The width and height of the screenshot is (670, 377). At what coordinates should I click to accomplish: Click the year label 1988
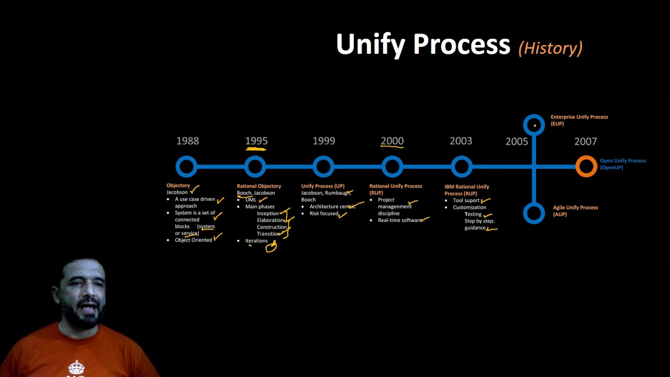[187, 141]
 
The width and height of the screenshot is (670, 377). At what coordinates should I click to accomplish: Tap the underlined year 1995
[256, 141]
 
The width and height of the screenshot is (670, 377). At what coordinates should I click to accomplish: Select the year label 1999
[323, 141]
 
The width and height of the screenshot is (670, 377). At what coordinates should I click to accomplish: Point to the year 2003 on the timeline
[461, 141]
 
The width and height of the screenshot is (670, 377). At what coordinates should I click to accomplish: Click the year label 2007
[585, 141]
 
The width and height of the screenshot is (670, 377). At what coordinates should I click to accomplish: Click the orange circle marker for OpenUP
[586, 167]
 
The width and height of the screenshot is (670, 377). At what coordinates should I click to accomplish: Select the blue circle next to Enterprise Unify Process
[534, 125]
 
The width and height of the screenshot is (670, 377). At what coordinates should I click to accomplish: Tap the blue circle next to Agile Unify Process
[534, 213]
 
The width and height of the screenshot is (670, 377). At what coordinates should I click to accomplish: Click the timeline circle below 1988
[187, 167]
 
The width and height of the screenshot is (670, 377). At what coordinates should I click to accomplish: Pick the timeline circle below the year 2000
[392, 167]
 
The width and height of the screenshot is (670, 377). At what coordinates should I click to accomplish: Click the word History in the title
[550, 48]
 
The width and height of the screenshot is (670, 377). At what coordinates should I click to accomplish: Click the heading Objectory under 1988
[178, 185]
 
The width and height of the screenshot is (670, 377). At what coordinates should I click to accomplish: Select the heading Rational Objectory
[259, 186]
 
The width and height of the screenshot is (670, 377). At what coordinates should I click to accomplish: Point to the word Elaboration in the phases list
[270, 220]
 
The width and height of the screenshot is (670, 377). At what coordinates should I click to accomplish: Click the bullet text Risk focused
[323, 214]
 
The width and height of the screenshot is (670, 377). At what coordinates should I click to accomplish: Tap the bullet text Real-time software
[400, 220]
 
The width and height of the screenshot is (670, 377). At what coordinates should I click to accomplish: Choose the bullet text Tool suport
[466, 201]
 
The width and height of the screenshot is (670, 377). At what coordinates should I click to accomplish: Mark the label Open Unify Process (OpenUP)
[622, 164]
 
